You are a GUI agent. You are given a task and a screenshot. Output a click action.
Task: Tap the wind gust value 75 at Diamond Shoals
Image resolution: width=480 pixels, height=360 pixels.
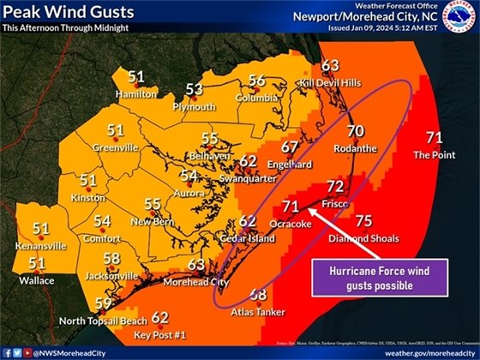[x=363, y=220]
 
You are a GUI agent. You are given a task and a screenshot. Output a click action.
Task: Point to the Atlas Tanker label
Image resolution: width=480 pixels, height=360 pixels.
[x=257, y=313]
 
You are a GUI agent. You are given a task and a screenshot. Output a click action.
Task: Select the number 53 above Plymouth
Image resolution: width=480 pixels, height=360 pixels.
[x=195, y=89]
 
